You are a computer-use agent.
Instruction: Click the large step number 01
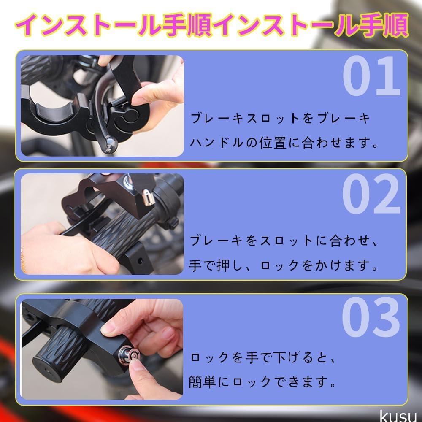click(371, 76)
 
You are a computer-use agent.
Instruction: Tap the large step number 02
click(371, 193)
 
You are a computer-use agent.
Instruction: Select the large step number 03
click(371, 317)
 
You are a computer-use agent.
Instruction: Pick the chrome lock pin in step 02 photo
click(147, 197)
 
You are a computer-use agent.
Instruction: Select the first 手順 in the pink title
click(188, 25)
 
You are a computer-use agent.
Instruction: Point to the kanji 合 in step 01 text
click(308, 142)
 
